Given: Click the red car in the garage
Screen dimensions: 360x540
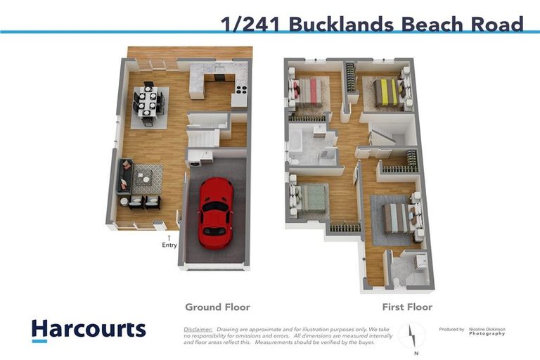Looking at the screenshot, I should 214,209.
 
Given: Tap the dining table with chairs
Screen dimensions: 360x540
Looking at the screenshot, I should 149,103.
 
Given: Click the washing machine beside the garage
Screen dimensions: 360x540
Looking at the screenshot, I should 195,160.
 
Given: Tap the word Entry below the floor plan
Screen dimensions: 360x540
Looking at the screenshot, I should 169,245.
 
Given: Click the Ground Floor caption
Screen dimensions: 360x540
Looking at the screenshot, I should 217,307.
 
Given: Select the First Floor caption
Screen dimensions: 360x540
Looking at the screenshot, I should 406,307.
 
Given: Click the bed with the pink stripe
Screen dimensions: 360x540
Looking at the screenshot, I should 308,91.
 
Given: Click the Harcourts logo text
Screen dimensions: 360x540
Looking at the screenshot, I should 89,328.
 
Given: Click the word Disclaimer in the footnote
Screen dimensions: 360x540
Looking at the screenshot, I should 198,329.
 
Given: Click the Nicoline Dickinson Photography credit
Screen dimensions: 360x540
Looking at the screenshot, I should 487,331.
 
